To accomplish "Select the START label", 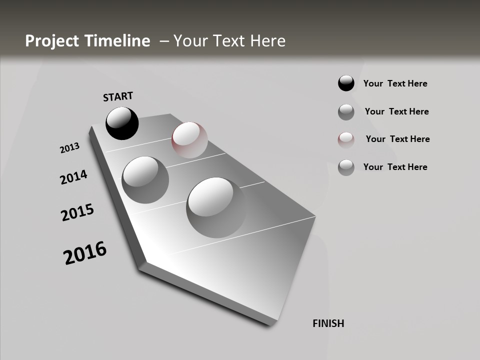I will [x=118, y=96].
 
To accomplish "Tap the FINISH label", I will [x=328, y=323].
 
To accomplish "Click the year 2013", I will [x=69, y=148].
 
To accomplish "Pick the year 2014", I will [x=73, y=177].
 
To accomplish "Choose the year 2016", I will [x=85, y=253].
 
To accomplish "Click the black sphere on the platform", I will [x=122, y=123].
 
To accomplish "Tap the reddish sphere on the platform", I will [x=189, y=139].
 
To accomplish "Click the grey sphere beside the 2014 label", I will [x=145, y=179].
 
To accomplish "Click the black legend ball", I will [x=346, y=83].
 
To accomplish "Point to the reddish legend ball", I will [x=346, y=139].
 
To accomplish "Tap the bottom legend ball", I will [x=346, y=167].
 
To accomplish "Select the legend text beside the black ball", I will [x=395, y=83].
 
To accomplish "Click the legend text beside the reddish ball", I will [x=397, y=139].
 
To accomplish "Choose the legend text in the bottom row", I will [x=395, y=167].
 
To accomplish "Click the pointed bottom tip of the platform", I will [x=270, y=324].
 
